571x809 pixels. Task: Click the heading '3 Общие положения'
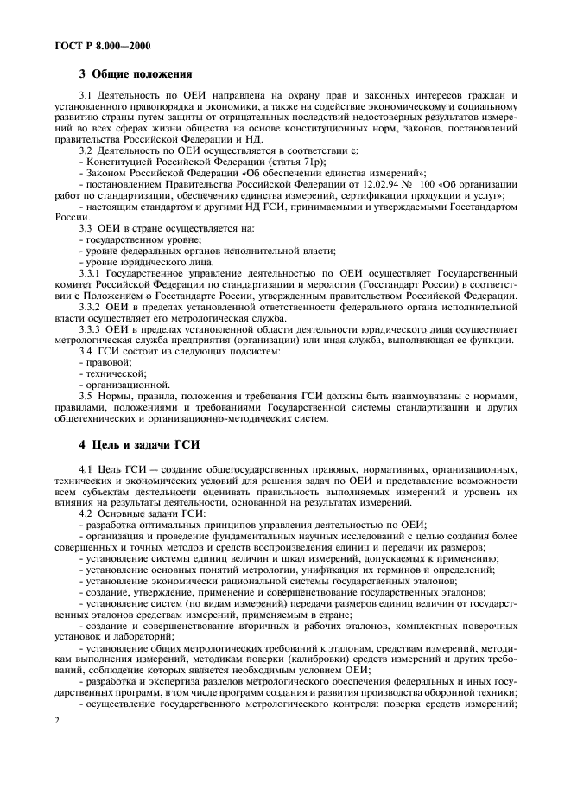click(x=136, y=74)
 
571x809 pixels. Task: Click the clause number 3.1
click(x=86, y=94)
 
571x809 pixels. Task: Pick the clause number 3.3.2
click(x=90, y=307)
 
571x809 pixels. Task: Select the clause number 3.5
click(x=86, y=397)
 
